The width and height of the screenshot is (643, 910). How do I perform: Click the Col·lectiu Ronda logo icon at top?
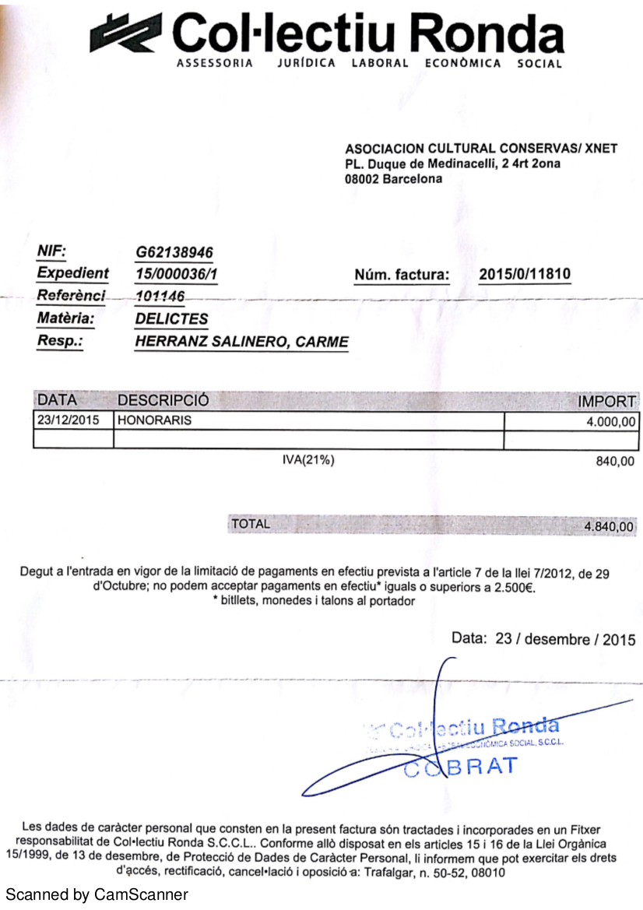click(x=127, y=34)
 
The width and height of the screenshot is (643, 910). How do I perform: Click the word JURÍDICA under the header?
click(x=306, y=64)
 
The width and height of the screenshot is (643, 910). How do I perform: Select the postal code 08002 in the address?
click(x=361, y=179)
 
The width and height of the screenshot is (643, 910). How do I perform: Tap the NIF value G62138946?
click(x=174, y=252)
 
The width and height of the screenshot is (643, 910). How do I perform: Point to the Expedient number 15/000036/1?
click(x=176, y=274)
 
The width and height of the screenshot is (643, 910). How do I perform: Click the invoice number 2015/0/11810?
click(x=525, y=274)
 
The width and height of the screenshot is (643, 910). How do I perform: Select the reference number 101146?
click(x=160, y=296)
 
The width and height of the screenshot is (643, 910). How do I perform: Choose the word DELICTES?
click(x=171, y=318)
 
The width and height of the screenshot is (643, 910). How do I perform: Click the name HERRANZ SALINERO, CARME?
click(x=241, y=342)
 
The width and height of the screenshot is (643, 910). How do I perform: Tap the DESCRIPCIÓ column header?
click(x=163, y=400)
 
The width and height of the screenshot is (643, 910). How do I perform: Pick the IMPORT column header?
click(x=606, y=402)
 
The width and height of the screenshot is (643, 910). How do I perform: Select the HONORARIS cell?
click(x=154, y=420)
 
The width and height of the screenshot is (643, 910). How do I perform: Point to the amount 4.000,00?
click(x=610, y=421)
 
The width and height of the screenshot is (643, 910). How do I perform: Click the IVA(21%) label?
click(x=308, y=460)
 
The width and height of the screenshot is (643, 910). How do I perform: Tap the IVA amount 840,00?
click(x=615, y=462)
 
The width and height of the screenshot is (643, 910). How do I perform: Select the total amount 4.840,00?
click(x=609, y=527)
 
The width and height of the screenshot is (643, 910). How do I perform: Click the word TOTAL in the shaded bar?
click(x=251, y=524)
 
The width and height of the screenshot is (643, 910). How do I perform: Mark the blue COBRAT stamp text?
click(x=461, y=766)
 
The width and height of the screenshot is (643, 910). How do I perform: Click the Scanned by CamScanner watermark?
click(x=97, y=894)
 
